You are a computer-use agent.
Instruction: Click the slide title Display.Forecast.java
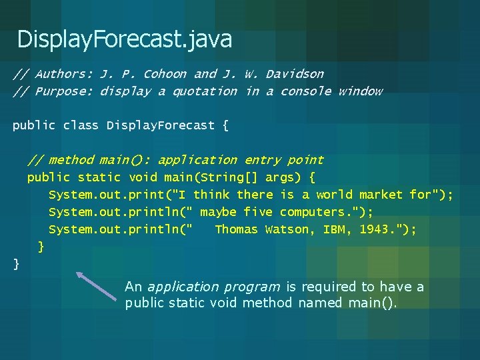point(125,39)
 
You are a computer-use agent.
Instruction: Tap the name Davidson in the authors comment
point(295,74)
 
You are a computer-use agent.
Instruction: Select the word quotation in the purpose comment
point(205,91)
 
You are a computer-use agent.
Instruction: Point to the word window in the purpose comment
point(360,91)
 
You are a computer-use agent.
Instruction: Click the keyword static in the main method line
point(99,177)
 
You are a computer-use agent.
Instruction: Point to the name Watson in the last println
point(287,229)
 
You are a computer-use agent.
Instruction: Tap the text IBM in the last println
point(334,229)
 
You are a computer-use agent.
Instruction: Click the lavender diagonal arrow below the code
point(97,286)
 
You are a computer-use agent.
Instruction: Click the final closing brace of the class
point(17,265)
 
